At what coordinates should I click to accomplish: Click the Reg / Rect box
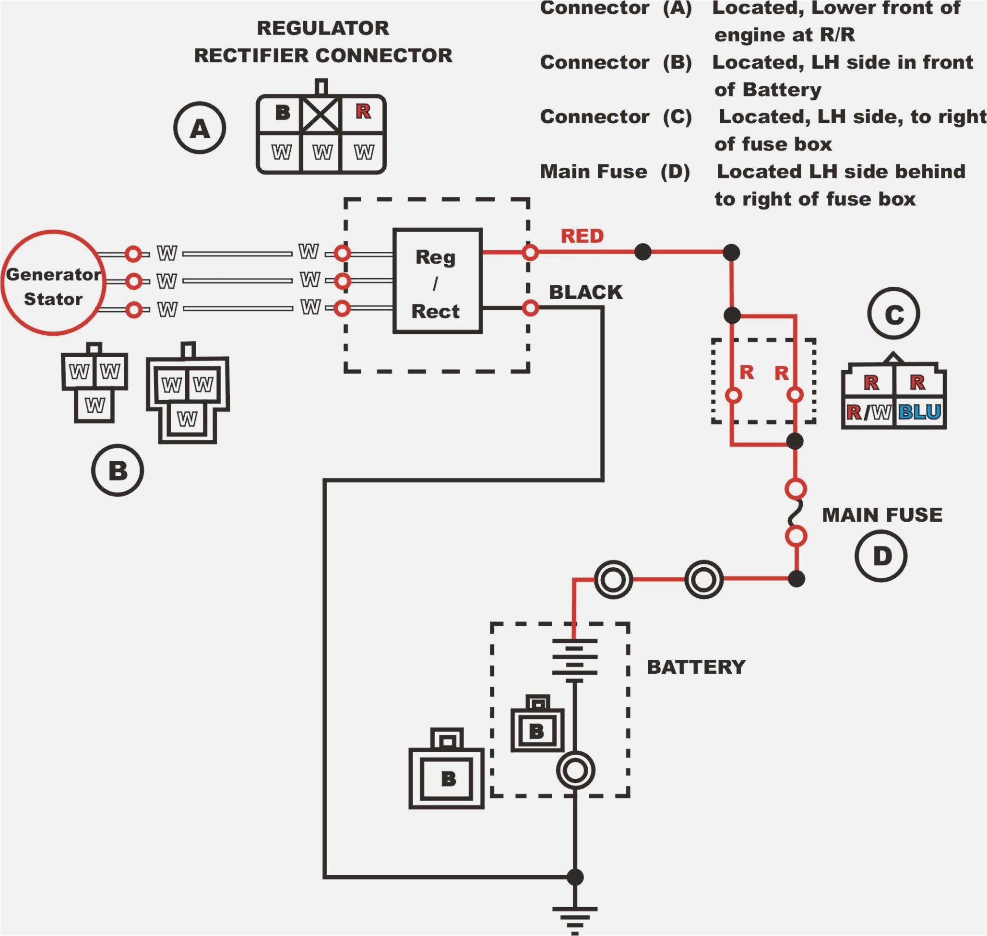coord(437,281)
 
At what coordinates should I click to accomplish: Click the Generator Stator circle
coord(53,283)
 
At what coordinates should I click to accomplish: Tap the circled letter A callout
coord(200,128)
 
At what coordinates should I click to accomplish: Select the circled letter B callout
coord(118,470)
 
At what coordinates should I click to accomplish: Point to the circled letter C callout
coord(893,314)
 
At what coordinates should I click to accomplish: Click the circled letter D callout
coord(881,556)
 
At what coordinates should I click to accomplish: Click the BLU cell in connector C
coord(920,412)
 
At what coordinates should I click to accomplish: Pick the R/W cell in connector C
coord(868,412)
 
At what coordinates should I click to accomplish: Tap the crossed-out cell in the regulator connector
coord(321,114)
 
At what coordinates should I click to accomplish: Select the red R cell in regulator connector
coord(363,112)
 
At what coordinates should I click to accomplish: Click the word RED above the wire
coord(582,236)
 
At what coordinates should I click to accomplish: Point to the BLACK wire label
coord(585,292)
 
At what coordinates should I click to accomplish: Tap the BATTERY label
coord(696,667)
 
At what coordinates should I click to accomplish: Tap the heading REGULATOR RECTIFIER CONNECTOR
coord(323,42)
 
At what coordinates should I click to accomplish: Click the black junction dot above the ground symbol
coord(575,877)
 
